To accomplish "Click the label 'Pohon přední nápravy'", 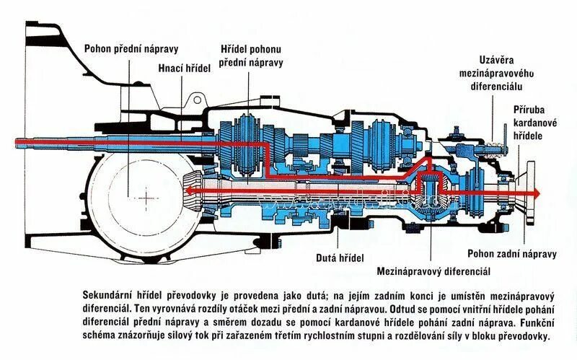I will click(x=130, y=50).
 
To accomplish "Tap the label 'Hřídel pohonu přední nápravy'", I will click(x=251, y=56).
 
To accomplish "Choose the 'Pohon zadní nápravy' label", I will click(x=511, y=254).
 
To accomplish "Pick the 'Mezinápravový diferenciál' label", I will click(x=433, y=272).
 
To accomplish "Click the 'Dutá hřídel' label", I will click(x=339, y=258).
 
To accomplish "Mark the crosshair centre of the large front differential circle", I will click(x=148, y=196).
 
